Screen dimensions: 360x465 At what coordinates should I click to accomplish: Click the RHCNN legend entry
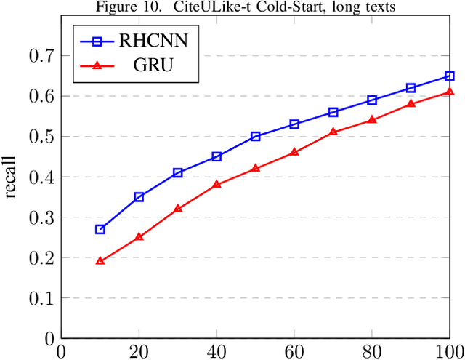click(138, 41)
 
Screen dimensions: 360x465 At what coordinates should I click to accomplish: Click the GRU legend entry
click(138, 65)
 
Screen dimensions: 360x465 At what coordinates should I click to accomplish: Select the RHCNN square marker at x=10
click(100, 229)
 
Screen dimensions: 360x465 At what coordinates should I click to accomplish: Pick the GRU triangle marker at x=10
click(100, 260)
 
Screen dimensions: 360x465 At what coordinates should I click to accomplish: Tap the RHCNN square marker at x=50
click(256, 136)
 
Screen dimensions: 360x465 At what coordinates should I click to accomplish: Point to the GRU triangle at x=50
click(256, 168)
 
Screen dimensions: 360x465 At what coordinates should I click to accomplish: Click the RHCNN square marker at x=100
click(450, 76)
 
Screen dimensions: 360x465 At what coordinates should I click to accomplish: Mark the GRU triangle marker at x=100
click(450, 92)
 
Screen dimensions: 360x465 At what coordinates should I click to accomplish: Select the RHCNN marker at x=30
click(178, 172)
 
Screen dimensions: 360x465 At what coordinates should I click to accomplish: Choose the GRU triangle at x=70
click(333, 132)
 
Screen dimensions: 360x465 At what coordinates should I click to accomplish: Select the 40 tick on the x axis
click(217, 351)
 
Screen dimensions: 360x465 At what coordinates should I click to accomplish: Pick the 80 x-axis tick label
click(372, 351)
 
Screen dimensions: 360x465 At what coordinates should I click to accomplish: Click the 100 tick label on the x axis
click(448, 351)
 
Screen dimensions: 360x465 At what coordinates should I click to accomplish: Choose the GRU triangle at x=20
click(139, 236)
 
